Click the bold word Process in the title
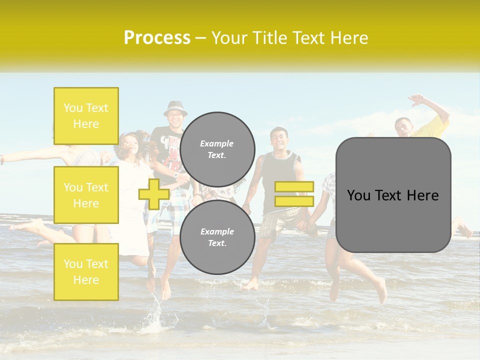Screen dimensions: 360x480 pyautogui.click(x=157, y=38)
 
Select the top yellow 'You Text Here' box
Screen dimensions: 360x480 pyautogui.click(x=86, y=116)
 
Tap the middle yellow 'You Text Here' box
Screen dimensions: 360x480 pyautogui.click(x=86, y=195)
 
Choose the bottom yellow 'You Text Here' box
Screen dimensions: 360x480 pyautogui.click(x=86, y=271)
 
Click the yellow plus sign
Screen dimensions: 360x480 pyautogui.click(x=154, y=194)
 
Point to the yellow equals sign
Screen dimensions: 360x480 pyautogui.click(x=294, y=194)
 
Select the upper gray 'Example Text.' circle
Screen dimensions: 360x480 pyautogui.click(x=217, y=149)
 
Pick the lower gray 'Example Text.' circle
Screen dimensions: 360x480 pyautogui.click(x=217, y=237)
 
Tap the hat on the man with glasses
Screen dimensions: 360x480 pyautogui.click(x=175, y=107)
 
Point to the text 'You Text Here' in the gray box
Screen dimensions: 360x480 pyautogui.click(x=393, y=195)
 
